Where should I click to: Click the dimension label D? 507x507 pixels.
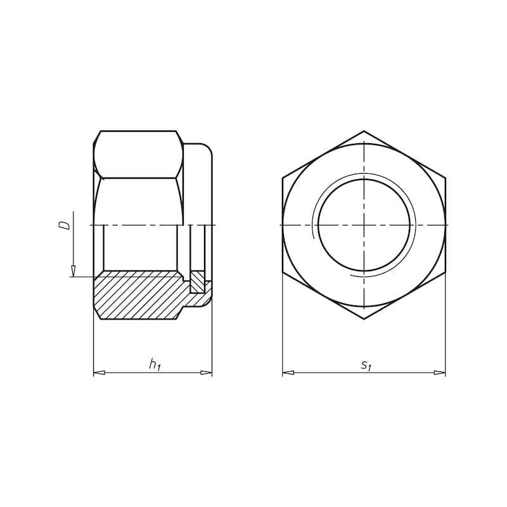(64, 225)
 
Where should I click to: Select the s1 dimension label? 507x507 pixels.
(366, 364)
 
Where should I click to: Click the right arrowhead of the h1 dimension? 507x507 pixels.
(207, 373)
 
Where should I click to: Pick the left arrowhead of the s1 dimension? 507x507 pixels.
(288, 373)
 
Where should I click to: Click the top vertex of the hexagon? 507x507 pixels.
(364, 131)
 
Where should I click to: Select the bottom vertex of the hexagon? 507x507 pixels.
(364, 319)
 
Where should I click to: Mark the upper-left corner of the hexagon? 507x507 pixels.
(283, 178)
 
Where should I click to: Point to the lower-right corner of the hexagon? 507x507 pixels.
(446, 272)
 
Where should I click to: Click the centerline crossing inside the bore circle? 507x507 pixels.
(364, 225)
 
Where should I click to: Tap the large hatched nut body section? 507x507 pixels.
(136, 295)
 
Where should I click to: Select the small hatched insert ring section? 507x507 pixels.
(198, 282)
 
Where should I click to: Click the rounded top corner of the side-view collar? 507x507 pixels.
(207, 149)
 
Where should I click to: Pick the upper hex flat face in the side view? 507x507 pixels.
(138, 154)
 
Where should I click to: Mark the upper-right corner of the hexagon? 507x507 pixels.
(446, 178)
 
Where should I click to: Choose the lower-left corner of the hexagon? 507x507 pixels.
(283, 272)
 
